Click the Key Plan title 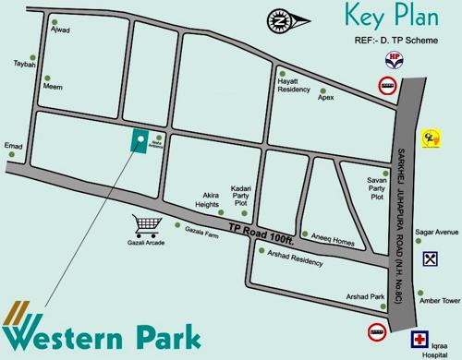pos(384,16)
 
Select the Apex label pos(325,94)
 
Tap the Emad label pos(13,145)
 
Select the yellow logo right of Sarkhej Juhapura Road pos(429,136)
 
